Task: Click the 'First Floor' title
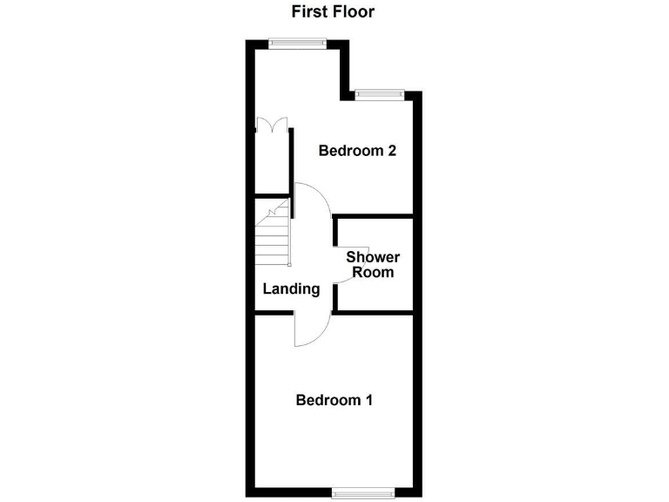[334, 12]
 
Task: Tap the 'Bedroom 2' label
[357, 151]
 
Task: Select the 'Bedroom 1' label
[334, 400]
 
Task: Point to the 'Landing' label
[292, 289]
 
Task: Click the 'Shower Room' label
[373, 264]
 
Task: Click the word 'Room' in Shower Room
[373, 272]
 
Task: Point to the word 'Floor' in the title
[355, 12]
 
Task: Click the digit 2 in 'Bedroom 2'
[392, 151]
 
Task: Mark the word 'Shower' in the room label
[373, 257]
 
